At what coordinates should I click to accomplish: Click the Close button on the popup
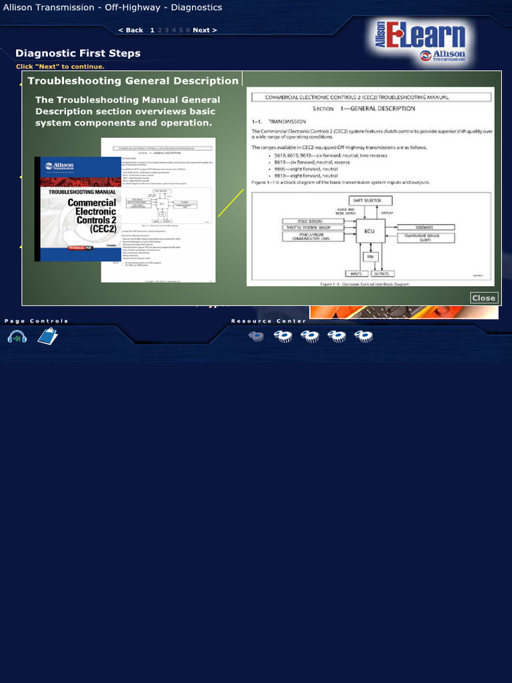[483, 298]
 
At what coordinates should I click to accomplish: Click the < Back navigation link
[131, 30]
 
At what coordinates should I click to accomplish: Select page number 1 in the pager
[152, 30]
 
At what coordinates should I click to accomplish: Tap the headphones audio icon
[17, 337]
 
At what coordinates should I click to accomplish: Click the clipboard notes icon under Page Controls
[47, 336]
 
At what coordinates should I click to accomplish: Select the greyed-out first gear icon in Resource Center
[256, 336]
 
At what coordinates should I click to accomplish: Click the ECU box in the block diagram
[371, 231]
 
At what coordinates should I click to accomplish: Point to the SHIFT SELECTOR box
[370, 200]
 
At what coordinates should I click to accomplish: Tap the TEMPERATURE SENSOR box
[427, 237]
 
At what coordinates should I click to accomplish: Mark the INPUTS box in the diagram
[356, 273]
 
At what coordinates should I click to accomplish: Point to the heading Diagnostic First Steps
[78, 53]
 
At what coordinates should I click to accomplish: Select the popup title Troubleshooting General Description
[133, 81]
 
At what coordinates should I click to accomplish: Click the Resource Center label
[268, 321]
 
